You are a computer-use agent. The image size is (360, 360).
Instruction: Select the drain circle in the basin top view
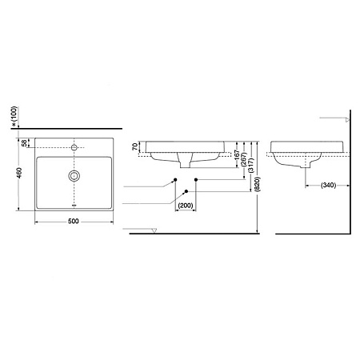74,175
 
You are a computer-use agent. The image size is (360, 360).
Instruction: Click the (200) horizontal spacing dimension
185,206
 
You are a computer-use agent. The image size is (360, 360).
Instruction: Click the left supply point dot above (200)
174,179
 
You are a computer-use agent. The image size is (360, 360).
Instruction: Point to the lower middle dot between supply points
186,191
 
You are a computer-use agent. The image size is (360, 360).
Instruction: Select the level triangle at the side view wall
346,118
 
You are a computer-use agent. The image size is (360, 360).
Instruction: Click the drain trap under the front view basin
185,164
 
